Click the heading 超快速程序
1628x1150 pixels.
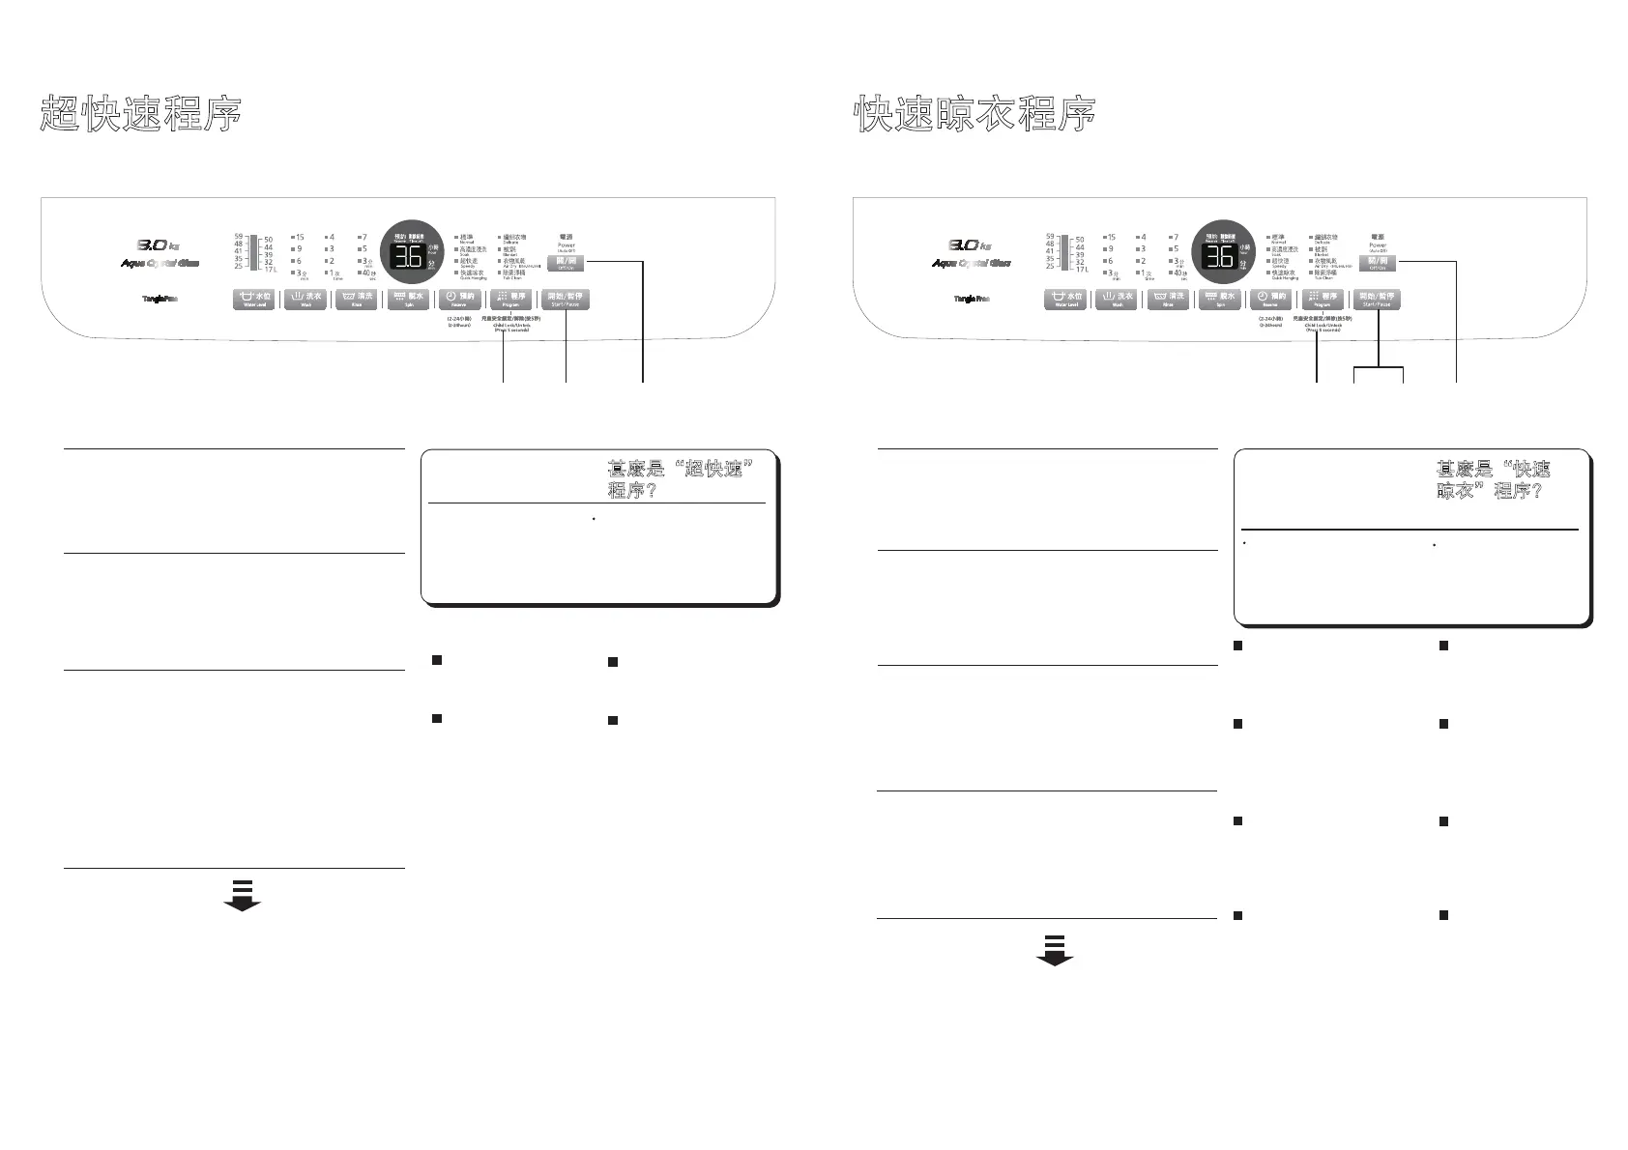(140, 114)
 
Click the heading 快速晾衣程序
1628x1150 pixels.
(975, 114)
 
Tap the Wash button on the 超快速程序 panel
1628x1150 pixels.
(305, 300)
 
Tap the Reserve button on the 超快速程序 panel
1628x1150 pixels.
(459, 300)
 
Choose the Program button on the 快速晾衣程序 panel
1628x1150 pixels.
(1323, 300)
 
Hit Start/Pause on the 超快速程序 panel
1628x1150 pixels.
(565, 300)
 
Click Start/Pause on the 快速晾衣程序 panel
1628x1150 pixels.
(1376, 300)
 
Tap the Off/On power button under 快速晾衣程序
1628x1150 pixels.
(1378, 263)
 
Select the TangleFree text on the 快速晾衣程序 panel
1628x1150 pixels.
(971, 299)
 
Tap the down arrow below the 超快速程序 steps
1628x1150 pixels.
(242, 896)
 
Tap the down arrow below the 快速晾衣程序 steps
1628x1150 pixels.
(1055, 950)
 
